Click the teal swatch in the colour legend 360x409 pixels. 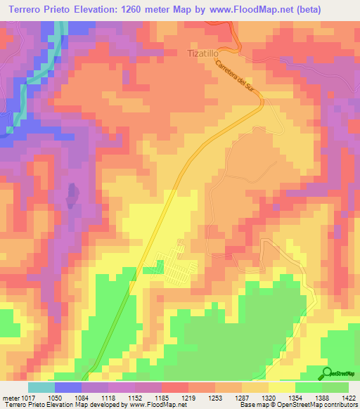point(41,387)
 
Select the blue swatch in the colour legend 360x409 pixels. point(68,387)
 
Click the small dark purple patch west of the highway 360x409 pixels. point(71,196)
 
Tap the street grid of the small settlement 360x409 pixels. point(174,265)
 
